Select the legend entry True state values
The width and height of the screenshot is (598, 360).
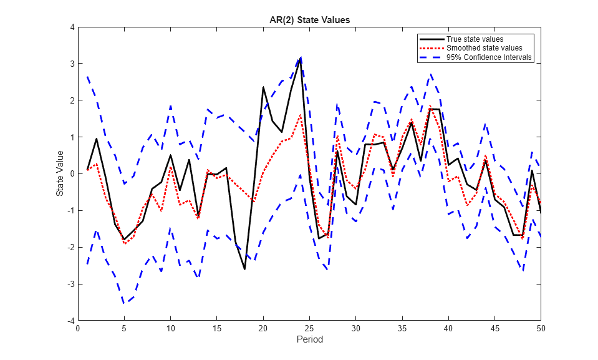[475, 39]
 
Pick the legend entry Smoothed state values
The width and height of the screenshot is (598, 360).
[484, 48]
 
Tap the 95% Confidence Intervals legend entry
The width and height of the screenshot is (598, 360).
[489, 57]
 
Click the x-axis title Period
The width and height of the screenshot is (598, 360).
[309, 340]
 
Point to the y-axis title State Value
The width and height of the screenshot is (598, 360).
[60, 173]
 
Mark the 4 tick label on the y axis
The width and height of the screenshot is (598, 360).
[72, 27]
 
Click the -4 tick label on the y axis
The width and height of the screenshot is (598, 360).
[70, 320]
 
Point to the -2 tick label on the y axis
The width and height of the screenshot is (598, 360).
[70, 247]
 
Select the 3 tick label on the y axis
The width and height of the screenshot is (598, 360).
[72, 64]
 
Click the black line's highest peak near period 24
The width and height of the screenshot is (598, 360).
[301, 59]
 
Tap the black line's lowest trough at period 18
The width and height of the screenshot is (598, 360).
[244, 269]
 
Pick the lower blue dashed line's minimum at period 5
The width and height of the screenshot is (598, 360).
[124, 303]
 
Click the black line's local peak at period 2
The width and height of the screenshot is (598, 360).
[97, 139]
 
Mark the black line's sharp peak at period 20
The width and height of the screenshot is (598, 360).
[263, 87]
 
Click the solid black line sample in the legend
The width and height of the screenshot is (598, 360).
[432, 39]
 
